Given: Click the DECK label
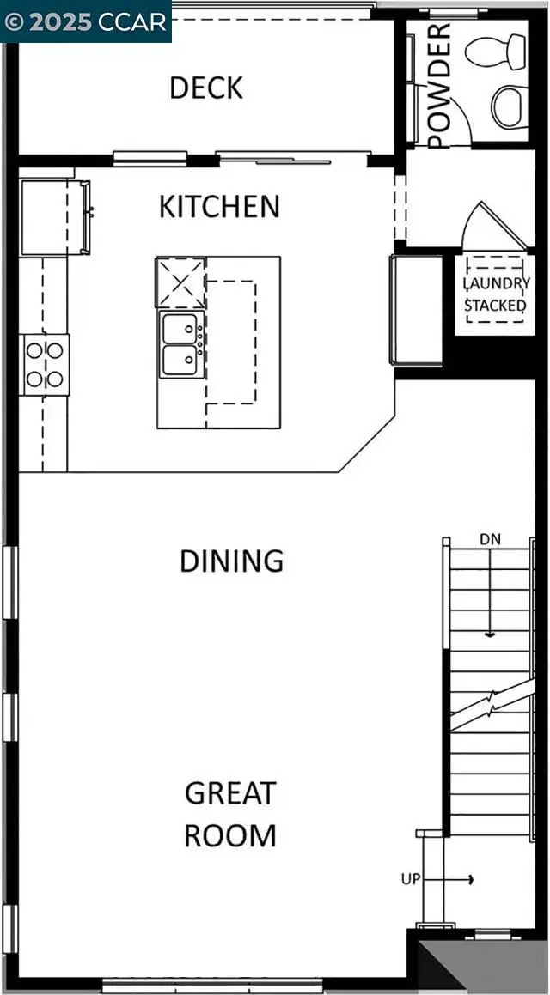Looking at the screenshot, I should pos(206,88).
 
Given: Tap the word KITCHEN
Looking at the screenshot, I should pos(219,207).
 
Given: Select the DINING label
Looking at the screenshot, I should pos(231,561).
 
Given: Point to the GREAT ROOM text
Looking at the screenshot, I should pos(230,813).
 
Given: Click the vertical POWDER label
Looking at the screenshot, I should pos(439,86).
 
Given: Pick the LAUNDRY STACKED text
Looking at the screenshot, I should pos(496,294).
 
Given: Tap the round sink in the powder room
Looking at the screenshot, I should pos(509,106).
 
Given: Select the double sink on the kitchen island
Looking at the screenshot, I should pos(180,344).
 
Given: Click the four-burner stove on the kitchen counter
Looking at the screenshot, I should pos(46,364).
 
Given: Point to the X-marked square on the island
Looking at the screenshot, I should pos(180,282).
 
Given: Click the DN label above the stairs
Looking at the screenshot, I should pos(490,539).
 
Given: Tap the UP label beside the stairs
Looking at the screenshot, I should pos(411,879).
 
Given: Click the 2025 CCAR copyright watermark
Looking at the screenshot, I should pos(86,21).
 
